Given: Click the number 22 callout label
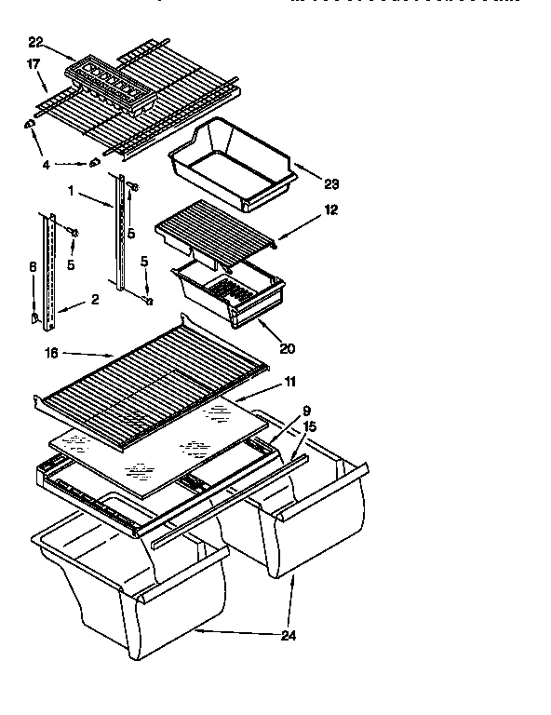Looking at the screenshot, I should click(x=35, y=42).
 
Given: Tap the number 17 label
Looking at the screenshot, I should click(x=33, y=65).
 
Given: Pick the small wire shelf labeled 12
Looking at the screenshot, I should click(x=216, y=230).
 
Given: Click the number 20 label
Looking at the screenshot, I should click(x=288, y=349).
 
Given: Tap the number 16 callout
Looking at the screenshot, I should click(x=51, y=354).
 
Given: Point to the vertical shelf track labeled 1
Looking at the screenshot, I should click(x=120, y=233).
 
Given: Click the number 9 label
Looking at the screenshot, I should click(x=306, y=410).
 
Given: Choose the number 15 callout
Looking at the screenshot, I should click(x=309, y=425).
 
